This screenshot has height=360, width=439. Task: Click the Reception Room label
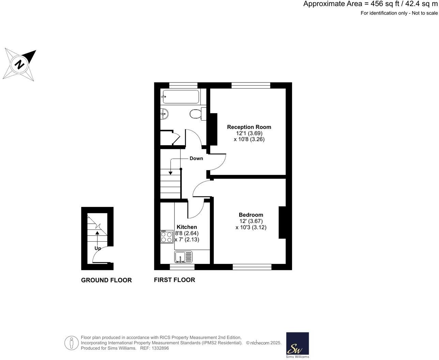(249, 127)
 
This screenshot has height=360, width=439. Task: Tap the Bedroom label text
(251, 215)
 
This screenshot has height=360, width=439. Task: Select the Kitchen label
(187, 227)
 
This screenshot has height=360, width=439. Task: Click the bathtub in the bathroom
(180, 96)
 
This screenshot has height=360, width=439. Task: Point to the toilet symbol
(196, 114)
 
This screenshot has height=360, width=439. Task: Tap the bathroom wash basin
(164, 114)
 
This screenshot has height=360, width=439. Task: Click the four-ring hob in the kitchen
(167, 237)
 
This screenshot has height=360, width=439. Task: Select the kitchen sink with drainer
(183, 257)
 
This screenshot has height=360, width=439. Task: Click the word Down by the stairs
(196, 158)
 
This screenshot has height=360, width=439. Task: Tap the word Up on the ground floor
(97, 248)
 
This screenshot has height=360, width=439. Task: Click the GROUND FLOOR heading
(106, 280)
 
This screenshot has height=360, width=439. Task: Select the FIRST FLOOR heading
(175, 280)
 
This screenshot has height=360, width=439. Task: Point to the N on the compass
(20, 64)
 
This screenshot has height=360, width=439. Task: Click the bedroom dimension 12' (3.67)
(251, 221)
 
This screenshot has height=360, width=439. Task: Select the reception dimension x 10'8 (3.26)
(249, 139)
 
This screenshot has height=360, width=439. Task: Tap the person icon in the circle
(71, 343)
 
